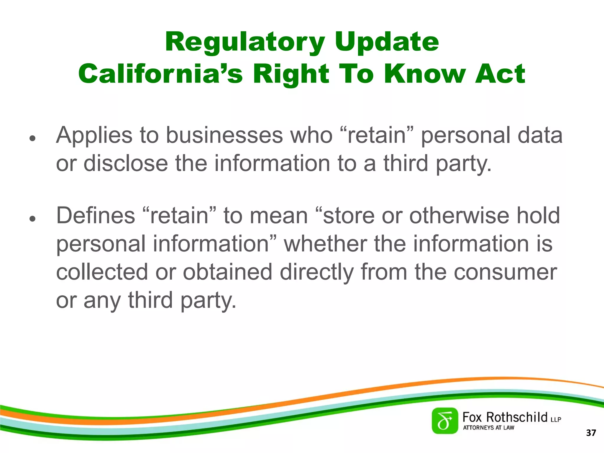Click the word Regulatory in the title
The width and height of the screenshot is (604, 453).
(245, 42)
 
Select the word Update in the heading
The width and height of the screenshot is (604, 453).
(387, 42)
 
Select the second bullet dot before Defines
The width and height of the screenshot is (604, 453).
(32, 219)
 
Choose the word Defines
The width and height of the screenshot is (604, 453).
(96, 216)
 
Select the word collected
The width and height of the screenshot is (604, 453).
(102, 272)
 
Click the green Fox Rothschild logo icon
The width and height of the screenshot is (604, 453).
(445, 421)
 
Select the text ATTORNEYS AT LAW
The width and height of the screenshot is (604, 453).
(488, 428)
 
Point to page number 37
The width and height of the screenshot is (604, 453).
(591, 433)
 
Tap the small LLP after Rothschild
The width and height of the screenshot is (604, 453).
(556, 419)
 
